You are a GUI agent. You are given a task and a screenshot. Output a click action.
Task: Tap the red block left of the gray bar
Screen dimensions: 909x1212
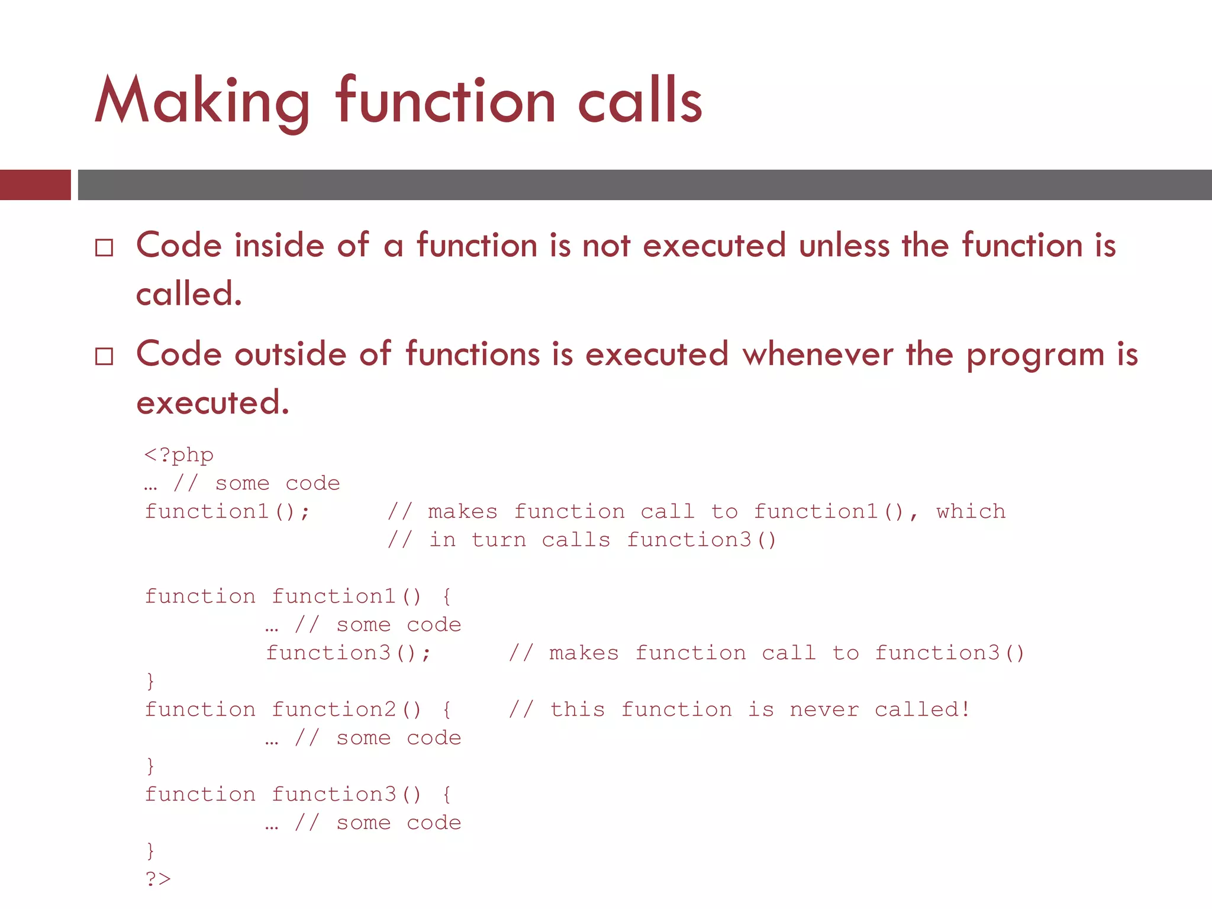pos(35,185)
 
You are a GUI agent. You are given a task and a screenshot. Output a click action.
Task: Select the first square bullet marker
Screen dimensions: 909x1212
pos(104,247)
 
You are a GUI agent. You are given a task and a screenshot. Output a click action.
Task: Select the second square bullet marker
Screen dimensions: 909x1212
pos(104,356)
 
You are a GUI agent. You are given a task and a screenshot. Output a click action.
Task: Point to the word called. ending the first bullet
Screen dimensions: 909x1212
pos(189,294)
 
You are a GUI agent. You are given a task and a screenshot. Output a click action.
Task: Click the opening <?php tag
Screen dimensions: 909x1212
pos(179,454)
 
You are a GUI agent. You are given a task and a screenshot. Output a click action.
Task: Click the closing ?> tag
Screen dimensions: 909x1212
pos(158,879)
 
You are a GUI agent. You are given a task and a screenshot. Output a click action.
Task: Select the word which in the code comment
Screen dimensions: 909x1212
pos(971,511)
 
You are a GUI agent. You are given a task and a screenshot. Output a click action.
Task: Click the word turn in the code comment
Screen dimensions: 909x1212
pos(498,540)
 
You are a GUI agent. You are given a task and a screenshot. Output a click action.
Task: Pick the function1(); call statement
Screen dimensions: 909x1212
pos(227,511)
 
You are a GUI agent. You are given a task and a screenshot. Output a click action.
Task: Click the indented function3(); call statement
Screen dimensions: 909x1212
pos(348,653)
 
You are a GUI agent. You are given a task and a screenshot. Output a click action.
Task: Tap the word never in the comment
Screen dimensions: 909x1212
pos(824,709)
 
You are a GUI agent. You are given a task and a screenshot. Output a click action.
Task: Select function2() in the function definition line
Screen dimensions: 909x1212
pos(346,709)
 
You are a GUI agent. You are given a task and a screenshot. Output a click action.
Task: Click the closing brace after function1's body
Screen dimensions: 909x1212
pos(150,681)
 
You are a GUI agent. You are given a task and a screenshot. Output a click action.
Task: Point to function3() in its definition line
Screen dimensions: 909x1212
pos(346,794)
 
